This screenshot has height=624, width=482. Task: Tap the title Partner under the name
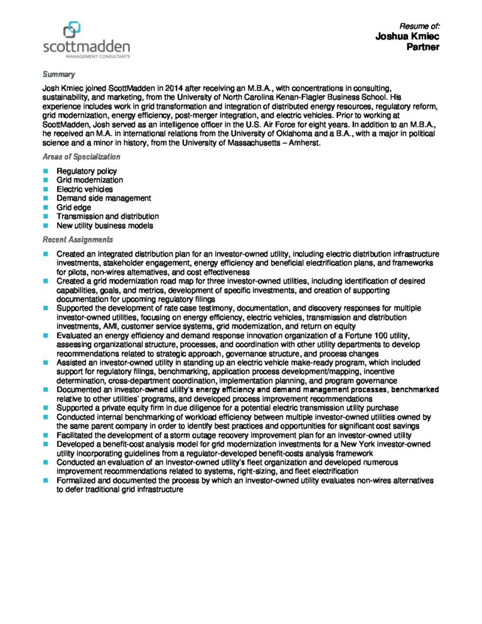pos(423,47)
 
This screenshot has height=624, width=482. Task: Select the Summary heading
pos(58,75)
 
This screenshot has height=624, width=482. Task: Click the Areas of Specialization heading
pos(81,157)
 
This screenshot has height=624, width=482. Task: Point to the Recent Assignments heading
pos(77,240)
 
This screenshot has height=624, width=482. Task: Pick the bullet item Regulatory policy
pos(86,171)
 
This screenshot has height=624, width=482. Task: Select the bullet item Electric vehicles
pos(85,189)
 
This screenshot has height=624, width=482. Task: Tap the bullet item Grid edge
pos(73,207)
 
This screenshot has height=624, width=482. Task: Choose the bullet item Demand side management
pos(104,198)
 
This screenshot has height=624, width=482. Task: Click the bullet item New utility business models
pos(104,225)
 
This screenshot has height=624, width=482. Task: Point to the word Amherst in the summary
pos(304,143)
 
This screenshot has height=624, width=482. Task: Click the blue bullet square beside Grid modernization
pos(46,180)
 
